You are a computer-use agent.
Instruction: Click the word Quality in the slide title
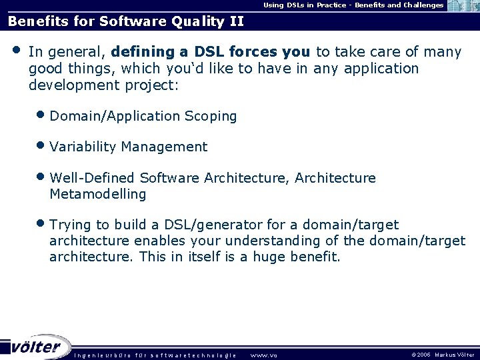(199, 21)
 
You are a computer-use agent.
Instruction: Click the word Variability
(83, 147)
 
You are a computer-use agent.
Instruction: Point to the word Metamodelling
(97, 194)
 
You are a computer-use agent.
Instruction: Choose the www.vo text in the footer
(263, 355)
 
